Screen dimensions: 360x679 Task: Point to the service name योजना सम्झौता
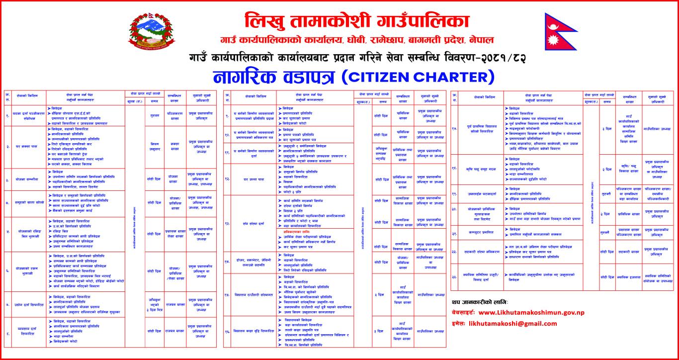point(27,178)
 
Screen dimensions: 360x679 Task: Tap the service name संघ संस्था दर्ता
point(250,224)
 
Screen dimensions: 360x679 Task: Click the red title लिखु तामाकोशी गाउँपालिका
point(356,22)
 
